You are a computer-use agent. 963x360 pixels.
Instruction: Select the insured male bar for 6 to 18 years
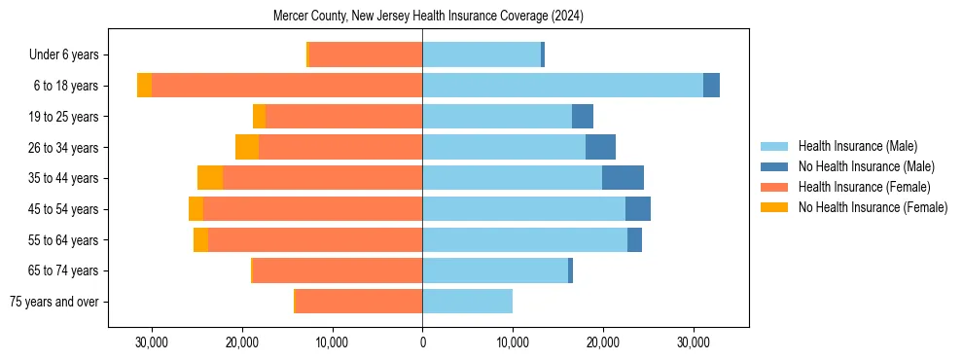[562, 86]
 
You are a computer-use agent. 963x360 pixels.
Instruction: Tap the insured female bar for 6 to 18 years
[287, 86]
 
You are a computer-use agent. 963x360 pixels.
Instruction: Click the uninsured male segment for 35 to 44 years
[623, 178]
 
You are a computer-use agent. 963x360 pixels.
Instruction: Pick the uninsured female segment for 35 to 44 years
[210, 178]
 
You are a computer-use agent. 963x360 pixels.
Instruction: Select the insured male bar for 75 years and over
[467, 302]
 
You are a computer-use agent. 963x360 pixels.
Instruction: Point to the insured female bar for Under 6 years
[366, 54]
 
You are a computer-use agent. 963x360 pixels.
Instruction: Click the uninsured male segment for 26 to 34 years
[600, 147]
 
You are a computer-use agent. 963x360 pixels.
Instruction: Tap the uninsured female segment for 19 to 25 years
[259, 117]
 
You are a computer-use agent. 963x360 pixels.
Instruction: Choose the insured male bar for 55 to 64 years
[524, 239]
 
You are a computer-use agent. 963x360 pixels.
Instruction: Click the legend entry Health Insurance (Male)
[857, 146]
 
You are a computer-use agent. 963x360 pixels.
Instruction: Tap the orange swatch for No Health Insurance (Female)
[774, 207]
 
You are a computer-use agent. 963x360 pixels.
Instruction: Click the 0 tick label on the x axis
[422, 342]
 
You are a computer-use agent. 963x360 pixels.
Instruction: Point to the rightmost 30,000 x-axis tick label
[693, 342]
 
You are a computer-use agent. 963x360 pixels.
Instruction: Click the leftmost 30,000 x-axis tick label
[152, 342]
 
